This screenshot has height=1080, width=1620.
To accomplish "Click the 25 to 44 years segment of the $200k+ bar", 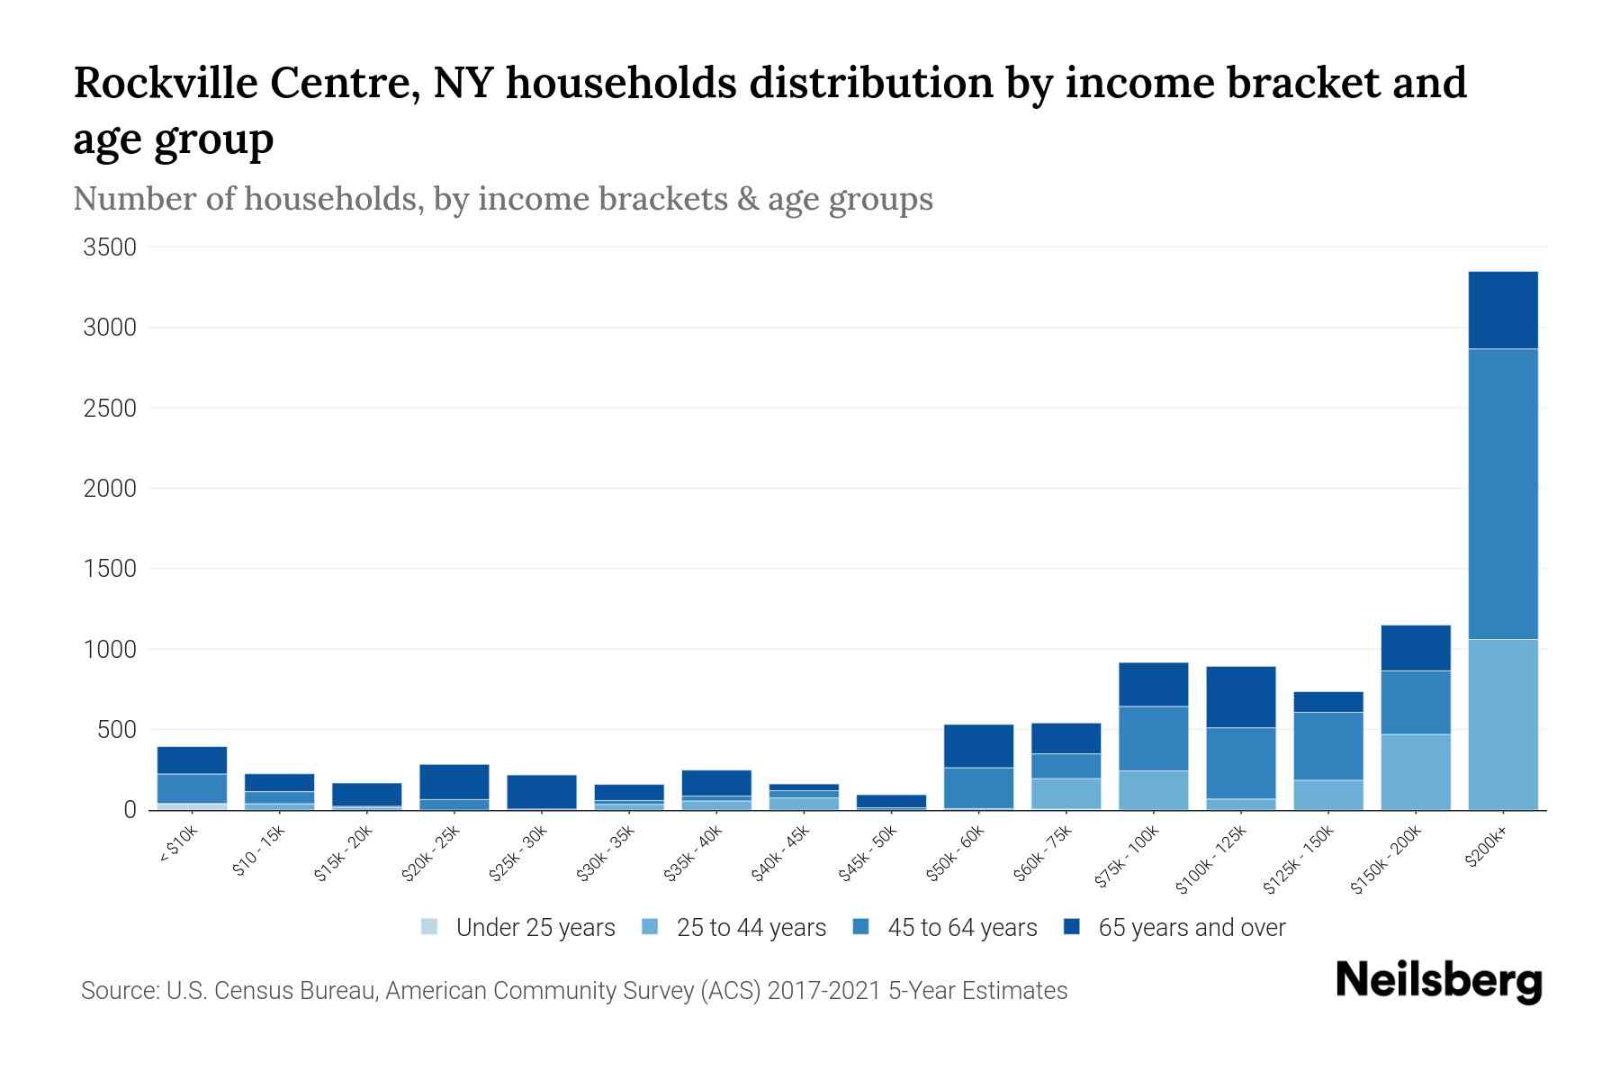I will click(x=1502, y=724).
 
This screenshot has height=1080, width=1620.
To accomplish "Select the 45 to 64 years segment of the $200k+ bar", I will click(x=1502, y=493).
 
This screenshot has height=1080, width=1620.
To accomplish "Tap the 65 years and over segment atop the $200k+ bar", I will click(x=1502, y=310).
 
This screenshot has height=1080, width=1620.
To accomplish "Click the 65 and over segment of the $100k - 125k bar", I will click(x=1240, y=697).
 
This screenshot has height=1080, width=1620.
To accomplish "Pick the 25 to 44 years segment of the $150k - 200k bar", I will click(x=1416, y=771).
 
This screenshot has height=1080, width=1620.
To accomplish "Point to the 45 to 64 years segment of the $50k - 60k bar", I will click(x=978, y=787).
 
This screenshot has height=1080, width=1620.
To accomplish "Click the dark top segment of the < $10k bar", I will click(x=192, y=760).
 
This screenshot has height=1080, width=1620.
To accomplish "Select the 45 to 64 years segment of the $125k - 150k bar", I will click(x=1327, y=745).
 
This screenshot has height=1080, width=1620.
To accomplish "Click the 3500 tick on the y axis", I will click(x=110, y=247).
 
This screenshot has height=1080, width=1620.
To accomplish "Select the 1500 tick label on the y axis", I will click(x=110, y=569).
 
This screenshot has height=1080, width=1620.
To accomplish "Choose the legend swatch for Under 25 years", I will click(x=429, y=927).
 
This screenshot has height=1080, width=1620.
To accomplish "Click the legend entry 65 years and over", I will click(x=1191, y=927).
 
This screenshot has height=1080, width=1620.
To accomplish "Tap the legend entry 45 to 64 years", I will click(x=961, y=927).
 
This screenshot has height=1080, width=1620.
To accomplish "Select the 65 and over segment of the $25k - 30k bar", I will click(x=541, y=791).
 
